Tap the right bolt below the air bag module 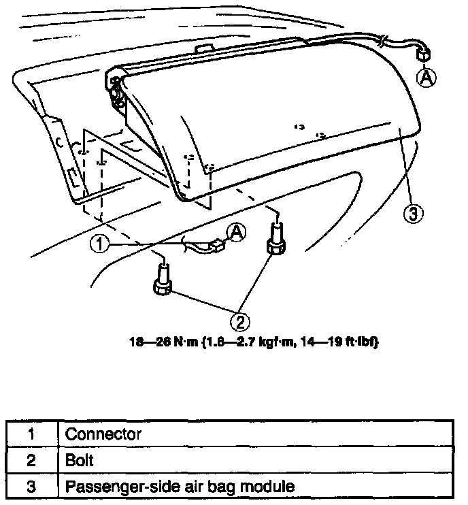(276, 240)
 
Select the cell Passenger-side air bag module (180, 487)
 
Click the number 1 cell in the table (31, 434)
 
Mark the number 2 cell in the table (31, 460)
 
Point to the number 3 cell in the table (31, 487)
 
